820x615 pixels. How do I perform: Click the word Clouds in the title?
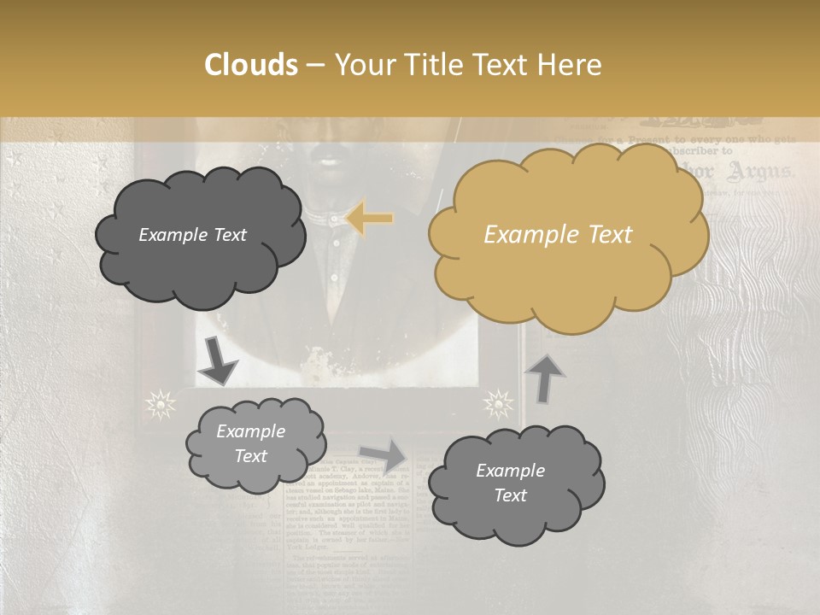252,65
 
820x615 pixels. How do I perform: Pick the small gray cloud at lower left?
255,444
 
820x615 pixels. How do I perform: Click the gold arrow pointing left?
369,219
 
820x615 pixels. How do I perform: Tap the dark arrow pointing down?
217,361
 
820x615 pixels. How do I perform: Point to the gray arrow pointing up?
545,377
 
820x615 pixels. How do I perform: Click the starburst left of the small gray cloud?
160,403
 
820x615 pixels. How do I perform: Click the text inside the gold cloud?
558,235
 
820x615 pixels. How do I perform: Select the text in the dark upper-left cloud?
192,235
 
